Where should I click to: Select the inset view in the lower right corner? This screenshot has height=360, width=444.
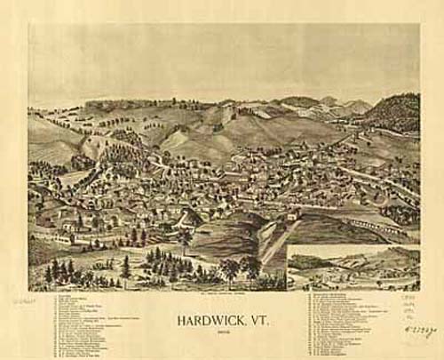tap(353, 268)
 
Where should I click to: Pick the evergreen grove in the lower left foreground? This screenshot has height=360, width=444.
tap(67, 270)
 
